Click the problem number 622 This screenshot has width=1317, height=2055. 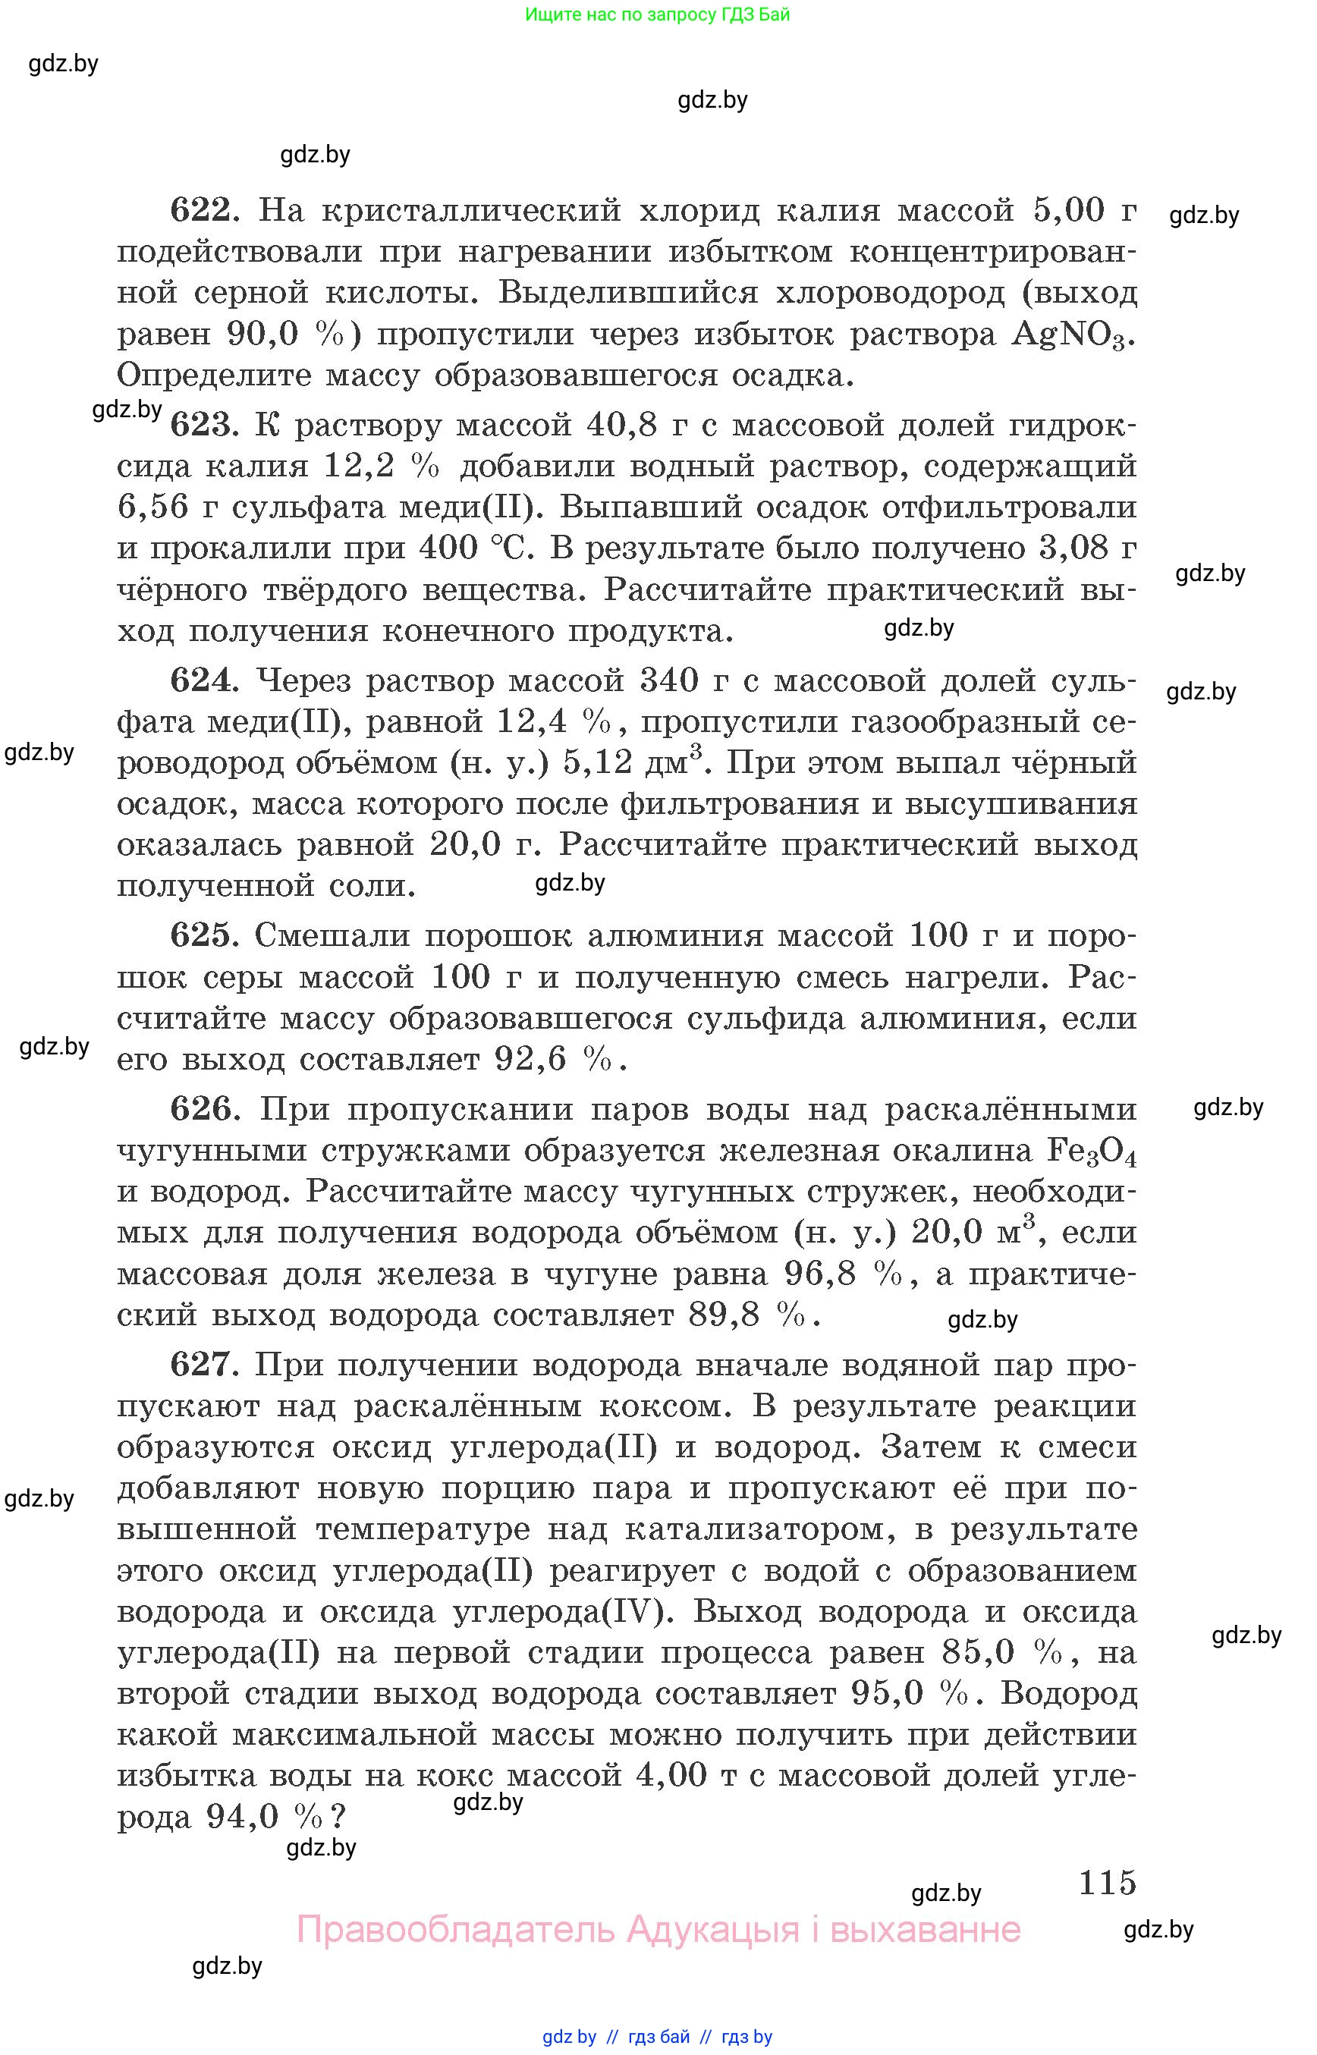click(x=202, y=210)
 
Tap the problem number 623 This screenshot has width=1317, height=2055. click(x=202, y=425)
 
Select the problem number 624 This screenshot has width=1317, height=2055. click(x=202, y=680)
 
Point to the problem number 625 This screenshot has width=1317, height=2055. click(x=202, y=935)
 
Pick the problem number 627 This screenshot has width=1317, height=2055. click(x=202, y=1364)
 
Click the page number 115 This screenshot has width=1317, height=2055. click(x=1107, y=1882)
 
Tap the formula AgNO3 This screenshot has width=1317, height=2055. click(x=1073, y=335)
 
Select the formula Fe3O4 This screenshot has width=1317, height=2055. click(x=1091, y=1152)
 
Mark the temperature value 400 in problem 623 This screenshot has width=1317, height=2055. click(x=448, y=548)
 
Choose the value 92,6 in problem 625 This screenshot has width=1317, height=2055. click(x=530, y=1060)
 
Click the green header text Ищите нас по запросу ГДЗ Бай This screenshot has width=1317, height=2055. click(x=657, y=14)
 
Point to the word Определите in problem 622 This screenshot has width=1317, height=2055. click(x=213, y=376)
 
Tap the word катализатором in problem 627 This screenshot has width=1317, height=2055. click(x=759, y=1529)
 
